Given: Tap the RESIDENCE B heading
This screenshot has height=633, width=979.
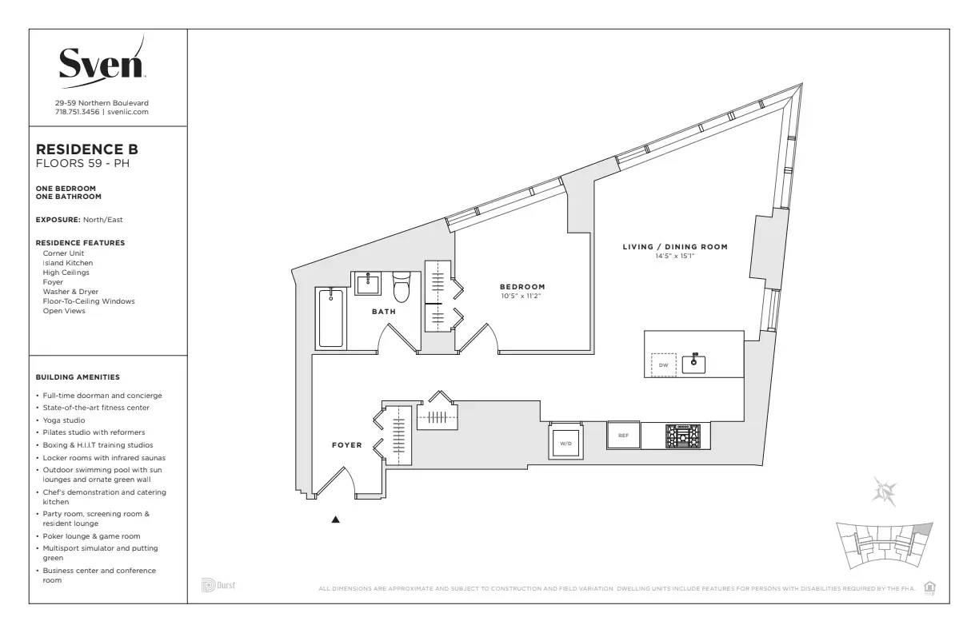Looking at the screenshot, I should coord(87,149).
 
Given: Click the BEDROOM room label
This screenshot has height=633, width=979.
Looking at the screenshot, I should coord(522,287).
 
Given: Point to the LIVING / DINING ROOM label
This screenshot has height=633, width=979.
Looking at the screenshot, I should coord(675,247).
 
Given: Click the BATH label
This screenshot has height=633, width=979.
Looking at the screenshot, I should coord(383,312).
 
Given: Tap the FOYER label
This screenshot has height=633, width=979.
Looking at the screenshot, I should coord(346,445).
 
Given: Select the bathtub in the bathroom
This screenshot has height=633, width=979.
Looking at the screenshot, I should coord(330,318).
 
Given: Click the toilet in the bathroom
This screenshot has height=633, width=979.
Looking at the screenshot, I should coord(402,288).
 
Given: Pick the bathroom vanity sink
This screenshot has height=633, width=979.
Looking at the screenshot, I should coord(369,284).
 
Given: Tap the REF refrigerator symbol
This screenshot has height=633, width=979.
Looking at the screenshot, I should coord(623,436).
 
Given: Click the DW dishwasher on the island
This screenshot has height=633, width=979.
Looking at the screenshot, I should coord(663,365).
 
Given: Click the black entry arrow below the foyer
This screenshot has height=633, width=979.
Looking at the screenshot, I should coord(336,520).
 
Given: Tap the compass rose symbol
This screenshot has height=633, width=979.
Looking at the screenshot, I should coord(885,490).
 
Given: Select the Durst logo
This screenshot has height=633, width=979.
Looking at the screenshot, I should coord(218,585).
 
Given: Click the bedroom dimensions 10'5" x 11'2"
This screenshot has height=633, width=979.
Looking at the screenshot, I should coord(521,296).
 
